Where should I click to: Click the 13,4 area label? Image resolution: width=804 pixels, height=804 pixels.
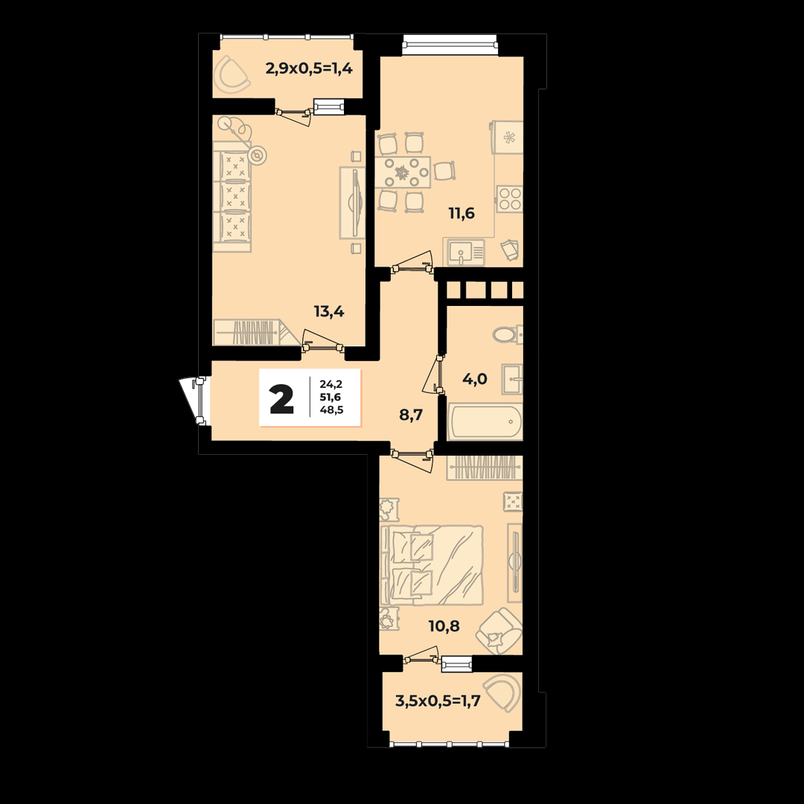pyautogui.click(x=329, y=311)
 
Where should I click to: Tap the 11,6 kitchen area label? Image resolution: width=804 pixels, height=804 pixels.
pyautogui.click(x=462, y=213)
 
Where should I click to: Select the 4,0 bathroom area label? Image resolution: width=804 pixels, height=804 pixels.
pyautogui.click(x=474, y=380)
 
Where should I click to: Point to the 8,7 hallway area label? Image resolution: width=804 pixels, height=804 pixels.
pyautogui.click(x=411, y=415)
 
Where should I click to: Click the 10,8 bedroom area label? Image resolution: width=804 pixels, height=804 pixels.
pyautogui.click(x=444, y=626)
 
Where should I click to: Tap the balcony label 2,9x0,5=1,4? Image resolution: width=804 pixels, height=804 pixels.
pyautogui.click(x=309, y=68)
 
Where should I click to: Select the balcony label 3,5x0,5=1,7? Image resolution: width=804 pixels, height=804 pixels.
pyautogui.click(x=438, y=701)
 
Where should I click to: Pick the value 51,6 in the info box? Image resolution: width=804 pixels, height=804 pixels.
pyautogui.click(x=331, y=397)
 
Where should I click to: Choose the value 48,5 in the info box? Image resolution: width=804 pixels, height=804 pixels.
pyautogui.click(x=331, y=409)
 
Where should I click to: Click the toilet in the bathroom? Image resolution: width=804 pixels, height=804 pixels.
pyautogui.click(x=508, y=335)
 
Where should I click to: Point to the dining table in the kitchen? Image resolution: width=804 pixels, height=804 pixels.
pyautogui.click(x=403, y=172)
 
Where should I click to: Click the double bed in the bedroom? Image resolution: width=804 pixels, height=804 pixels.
pyautogui.click(x=431, y=565)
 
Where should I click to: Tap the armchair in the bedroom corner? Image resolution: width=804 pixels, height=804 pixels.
pyautogui.click(x=499, y=631)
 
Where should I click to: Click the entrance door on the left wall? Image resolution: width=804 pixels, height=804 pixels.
pyautogui.click(x=194, y=401)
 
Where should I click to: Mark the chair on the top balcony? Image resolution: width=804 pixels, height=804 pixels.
pyautogui.click(x=232, y=76)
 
